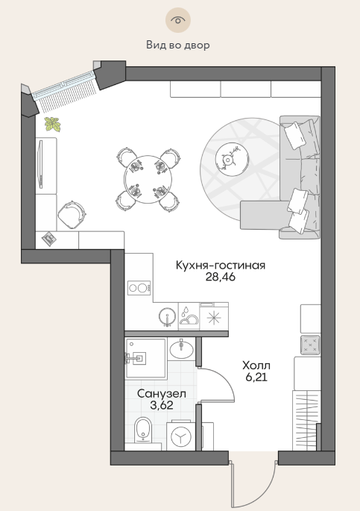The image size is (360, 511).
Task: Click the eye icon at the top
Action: point(177,20)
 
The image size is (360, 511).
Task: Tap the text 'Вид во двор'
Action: point(177,45)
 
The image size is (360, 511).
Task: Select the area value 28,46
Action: point(221,277)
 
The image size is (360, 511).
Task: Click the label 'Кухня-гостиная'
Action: point(221,266)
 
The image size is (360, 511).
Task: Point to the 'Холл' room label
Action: point(256,366)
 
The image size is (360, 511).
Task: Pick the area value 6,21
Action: point(256,377)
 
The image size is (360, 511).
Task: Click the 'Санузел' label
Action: point(162,394)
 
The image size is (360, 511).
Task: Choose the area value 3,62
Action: point(162,405)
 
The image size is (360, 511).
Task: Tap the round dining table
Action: point(148,179)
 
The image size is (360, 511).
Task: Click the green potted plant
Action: point(52,124)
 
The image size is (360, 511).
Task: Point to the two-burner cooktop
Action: point(139,288)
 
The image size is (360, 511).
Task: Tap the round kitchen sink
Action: point(167,316)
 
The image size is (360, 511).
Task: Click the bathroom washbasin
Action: point(181,349)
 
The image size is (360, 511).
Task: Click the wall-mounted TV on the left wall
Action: point(41,164)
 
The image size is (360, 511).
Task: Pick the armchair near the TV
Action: point(72,215)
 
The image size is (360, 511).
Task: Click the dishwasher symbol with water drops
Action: point(189,316)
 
